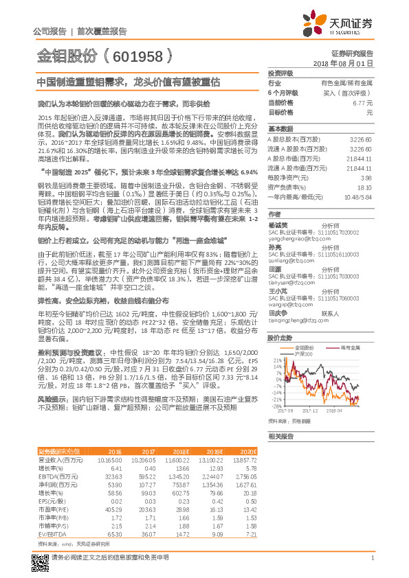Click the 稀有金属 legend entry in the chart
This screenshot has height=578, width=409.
341,348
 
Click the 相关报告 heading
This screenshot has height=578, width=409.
280,437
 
